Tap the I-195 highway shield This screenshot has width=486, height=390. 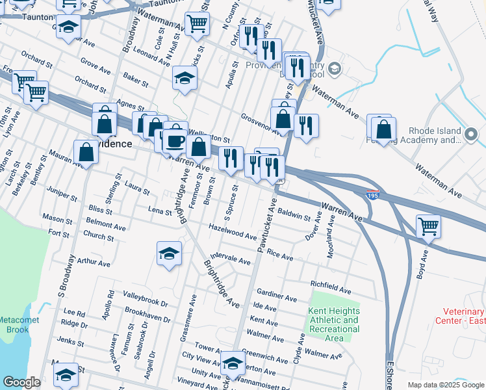click(371, 195)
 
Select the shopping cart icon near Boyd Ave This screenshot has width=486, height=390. click(428, 227)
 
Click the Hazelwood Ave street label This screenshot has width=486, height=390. click(233, 231)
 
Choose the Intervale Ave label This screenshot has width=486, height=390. click(231, 260)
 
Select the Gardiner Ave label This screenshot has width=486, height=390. click(276, 296)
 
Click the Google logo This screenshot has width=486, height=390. click(21, 382)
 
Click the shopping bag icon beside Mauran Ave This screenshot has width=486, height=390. click(86, 153)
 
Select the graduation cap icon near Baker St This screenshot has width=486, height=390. click(185, 79)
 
